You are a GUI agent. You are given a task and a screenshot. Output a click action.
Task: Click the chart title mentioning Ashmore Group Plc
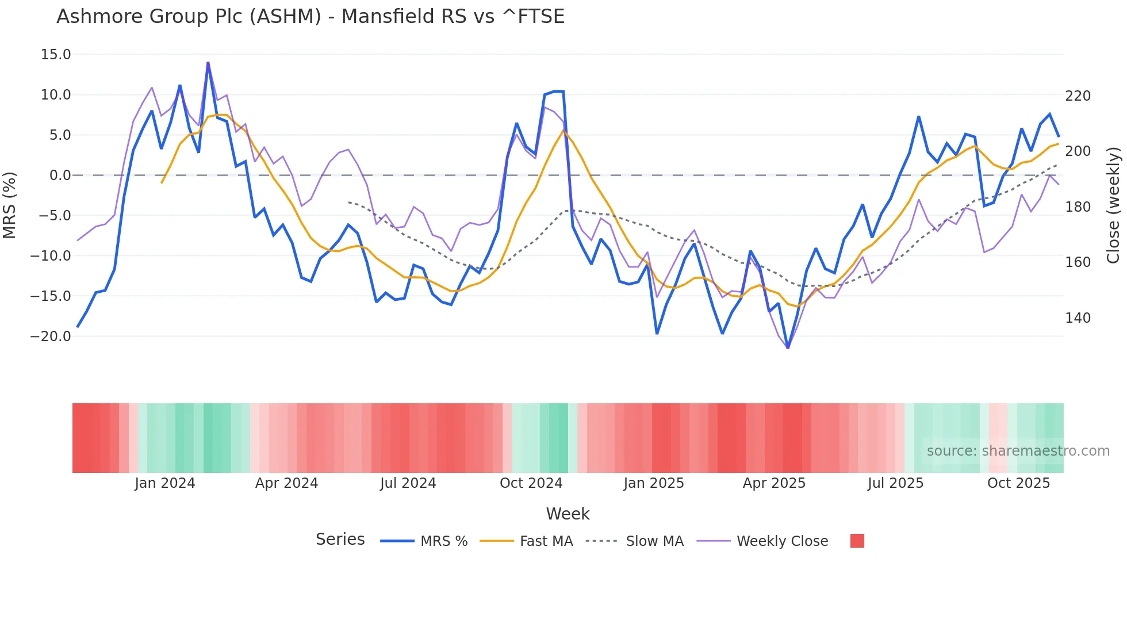[x=310, y=16]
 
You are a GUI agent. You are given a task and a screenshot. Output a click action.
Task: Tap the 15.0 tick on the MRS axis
[x=56, y=55]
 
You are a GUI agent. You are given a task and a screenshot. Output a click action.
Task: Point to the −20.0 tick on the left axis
[x=51, y=337]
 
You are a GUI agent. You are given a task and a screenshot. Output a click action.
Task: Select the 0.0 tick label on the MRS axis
[x=60, y=175]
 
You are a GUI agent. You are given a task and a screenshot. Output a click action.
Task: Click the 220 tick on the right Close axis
[x=1078, y=96]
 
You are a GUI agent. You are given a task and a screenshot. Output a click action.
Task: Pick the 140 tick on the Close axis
[x=1078, y=318]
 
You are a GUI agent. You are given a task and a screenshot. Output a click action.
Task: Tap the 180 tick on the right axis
[x=1078, y=207]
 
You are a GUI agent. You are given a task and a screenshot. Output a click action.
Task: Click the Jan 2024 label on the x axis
[x=165, y=483]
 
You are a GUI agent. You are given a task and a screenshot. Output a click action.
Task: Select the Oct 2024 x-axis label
[x=531, y=483]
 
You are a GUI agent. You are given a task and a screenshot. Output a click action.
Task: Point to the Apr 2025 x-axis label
[x=774, y=483]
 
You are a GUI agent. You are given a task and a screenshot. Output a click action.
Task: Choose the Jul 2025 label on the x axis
[x=895, y=483]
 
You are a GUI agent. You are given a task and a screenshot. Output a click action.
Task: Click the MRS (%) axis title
[x=10, y=205]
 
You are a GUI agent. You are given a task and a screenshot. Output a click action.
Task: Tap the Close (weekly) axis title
[x=1113, y=205]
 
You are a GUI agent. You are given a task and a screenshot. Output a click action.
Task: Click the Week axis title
[x=568, y=514]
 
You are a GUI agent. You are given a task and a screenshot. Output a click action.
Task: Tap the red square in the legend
[x=857, y=541]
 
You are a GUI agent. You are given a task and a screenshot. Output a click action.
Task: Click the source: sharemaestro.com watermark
[x=1018, y=451]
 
